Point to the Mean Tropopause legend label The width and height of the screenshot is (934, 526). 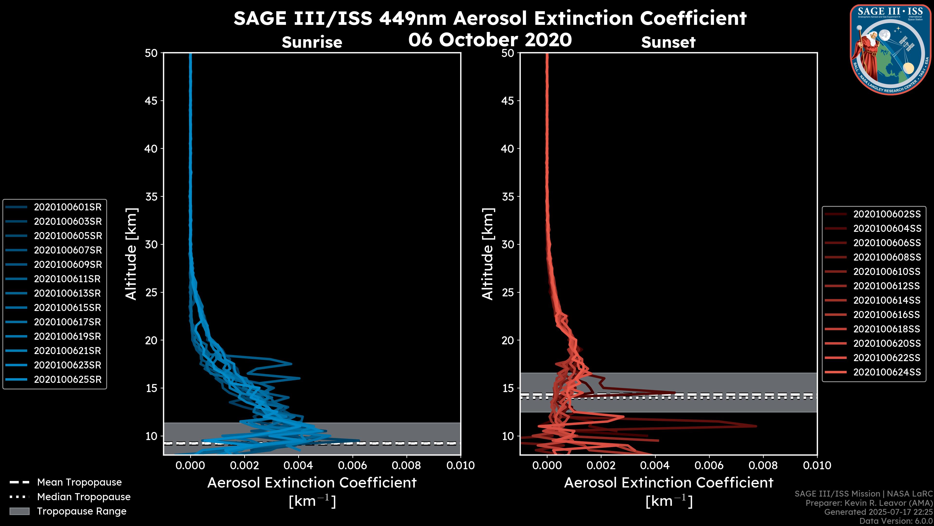[x=79, y=482]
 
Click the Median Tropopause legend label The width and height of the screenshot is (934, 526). [x=84, y=497]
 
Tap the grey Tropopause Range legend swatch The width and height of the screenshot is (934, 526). [x=19, y=511]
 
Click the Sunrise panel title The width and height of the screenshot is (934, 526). [x=312, y=42]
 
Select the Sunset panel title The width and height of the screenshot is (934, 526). [x=668, y=42]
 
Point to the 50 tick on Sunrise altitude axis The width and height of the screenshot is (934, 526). [x=151, y=53]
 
